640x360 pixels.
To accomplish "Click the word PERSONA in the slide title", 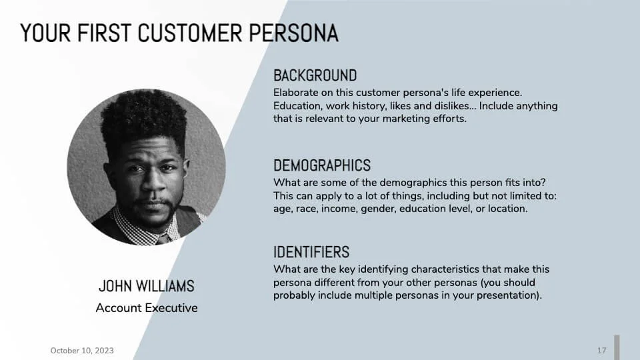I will [293, 33].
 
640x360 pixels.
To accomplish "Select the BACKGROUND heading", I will [315, 75].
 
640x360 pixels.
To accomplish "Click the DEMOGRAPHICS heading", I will [322, 165].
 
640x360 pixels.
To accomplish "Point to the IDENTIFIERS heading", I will [311, 252].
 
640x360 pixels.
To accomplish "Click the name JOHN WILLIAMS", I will [147, 286].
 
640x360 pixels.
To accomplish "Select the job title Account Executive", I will [147, 308].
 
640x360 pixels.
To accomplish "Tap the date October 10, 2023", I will [82, 351].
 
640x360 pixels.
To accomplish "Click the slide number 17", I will [601, 351].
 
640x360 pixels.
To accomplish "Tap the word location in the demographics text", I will [506, 209].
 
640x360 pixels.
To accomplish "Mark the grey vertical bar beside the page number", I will [617, 347].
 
